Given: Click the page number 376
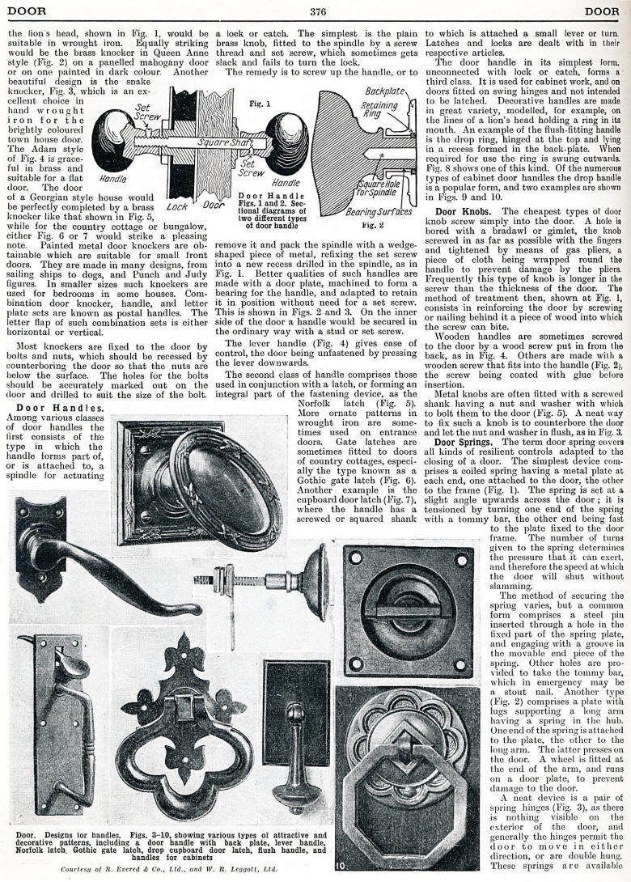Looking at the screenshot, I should click(316, 11).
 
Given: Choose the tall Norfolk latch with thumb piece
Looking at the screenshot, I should click(57, 720).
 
